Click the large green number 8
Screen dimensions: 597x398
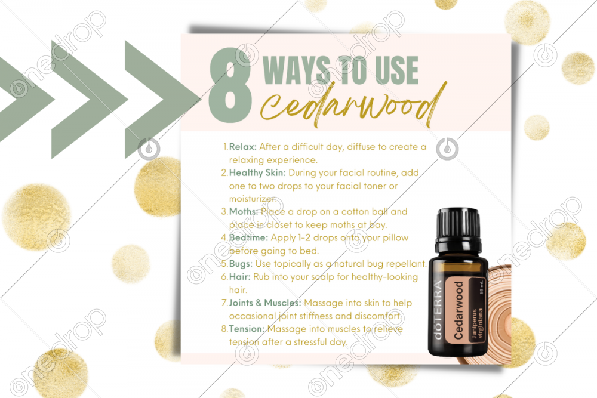pos(230,85)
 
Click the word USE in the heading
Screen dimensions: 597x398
pos(396,70)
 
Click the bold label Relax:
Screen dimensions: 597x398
pos(242,147)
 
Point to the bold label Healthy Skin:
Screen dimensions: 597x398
pos(257,173)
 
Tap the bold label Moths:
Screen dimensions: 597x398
pos(244,212)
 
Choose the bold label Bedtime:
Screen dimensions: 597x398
pos(248,238)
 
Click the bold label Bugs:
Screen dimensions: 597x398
pos(240,264)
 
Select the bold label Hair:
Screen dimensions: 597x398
pos(239,277)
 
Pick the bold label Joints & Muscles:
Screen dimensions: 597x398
pos(264,303)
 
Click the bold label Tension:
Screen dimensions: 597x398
pos(247,329)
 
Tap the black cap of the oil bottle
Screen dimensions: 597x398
pos(458,225)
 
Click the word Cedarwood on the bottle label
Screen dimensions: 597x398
pos(458,310)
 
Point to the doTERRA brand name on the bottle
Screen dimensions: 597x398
pos(439,310)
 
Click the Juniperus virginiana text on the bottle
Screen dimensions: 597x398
pos(476,323)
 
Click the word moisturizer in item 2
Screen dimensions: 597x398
pos(251,199)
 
